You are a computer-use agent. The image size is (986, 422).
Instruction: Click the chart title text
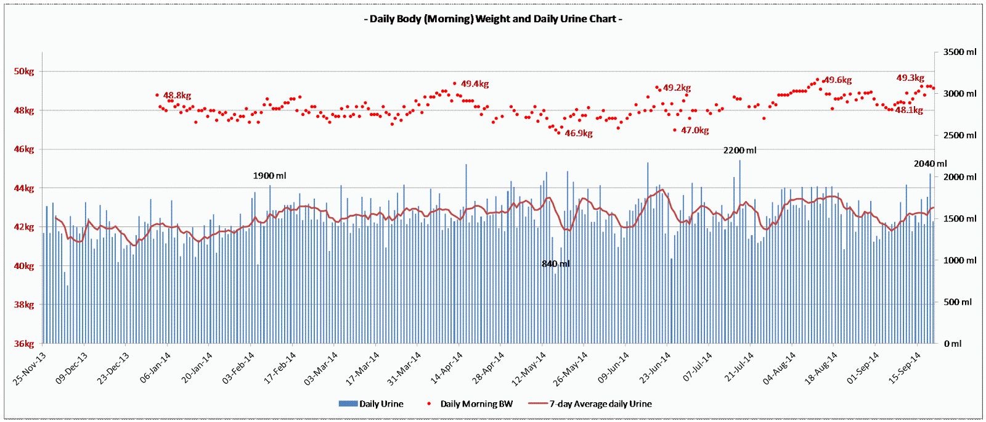pyautogui.click(x=493, y=19)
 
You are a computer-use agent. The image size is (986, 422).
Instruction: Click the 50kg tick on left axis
pyautogui.click(x=24, y=72)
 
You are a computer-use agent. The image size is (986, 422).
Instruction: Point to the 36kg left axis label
pyautogui.click(x=24, y=344)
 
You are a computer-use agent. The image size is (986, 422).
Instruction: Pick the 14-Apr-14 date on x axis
pyautogui.click(x=447, y=368)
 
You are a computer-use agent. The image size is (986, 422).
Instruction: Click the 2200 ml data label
pyautogui.click(x=739, y=151)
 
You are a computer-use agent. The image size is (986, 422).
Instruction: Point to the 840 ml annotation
pyautogui.click(x=555, y=264)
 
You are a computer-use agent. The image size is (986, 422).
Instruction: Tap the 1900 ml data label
pyautogui.click(x=269, y=176)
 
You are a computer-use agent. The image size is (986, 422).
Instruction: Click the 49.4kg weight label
pyautogui.click(x=475, y=84)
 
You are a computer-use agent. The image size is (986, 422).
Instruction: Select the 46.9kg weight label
pyautogui.click(x=579, y=133)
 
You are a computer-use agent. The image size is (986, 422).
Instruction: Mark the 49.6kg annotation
pyautogui.click(x=837, y=80)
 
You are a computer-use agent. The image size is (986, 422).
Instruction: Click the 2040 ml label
pyautogui.click(x=930, y=163)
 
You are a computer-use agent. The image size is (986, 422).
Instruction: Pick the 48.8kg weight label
pyautogui.click(x=177, y=96)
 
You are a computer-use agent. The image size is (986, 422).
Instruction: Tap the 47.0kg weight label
pyautogui.click(x=695, y=130)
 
